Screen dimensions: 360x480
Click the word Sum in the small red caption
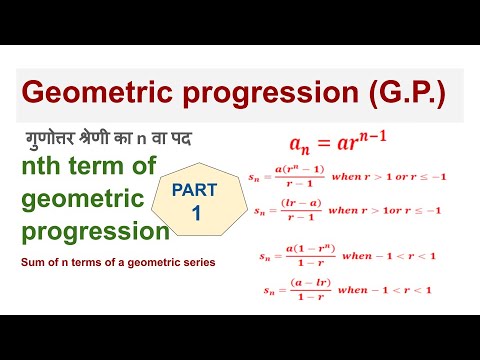pyautogui.click(x=31, y=263)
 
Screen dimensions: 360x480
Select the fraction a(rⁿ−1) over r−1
pyautogui.click(x=300, y=177)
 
